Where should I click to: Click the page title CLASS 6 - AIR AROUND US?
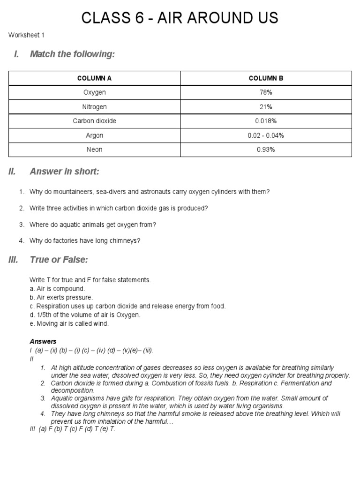pyautogui.click(x=180, y=18)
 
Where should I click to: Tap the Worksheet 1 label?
pyautogui.click(x=26, y=35)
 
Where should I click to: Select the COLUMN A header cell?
pyautogui.click(x=94, y=78)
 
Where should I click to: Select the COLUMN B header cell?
pyautogui.click(x=266, y=78)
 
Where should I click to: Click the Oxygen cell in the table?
pyautogui.click(x=94, y=92)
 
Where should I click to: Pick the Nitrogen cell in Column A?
pyautogui.click(x=94, y=107)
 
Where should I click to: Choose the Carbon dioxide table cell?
pyautogui.click(x=94, y=121)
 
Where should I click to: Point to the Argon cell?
pyautogui.click(x=94, y=135)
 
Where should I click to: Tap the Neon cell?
pyautogui.click(x=94, y=150)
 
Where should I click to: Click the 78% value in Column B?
pyautogui.click(x=266, y=92)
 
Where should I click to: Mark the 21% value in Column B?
pyautogui.click(x=266, y=107)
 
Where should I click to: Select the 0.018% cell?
pyautogui.click(x=266, y=121)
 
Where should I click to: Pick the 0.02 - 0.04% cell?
pyautogui.click(x=266, y=135)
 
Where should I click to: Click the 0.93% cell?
pyautogui.click(x=266, y=150)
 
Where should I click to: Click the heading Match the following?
pyautogui.click(x=72, y=54)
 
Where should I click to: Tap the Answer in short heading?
pyautogui.click(x=64, y=172)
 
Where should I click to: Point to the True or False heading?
pyautogui.click(x=59, y=260)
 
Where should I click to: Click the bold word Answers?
pyautogui.click(x=43, y=342)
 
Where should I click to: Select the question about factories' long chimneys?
pyautogui.click(x=85, y=241)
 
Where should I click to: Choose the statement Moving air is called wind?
pyautogui.click(x=69, y=323)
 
